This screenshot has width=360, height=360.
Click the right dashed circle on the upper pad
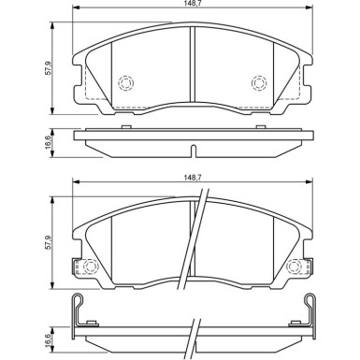(259, 84)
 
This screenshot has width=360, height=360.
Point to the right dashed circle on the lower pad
(295, 270)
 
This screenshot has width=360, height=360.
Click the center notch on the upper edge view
(192, 150)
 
